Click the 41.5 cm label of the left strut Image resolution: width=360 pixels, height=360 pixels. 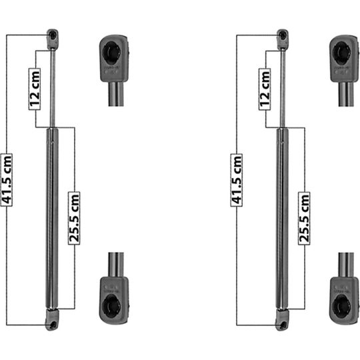pyautogui.click(x=7, y=180)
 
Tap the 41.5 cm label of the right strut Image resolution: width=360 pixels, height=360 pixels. pyautogui.click(x=237, y=180)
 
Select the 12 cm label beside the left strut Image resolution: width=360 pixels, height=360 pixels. pyautogui.click(x=35, y=89)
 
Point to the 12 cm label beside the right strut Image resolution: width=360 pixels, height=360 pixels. pyautogui.click(x=265, y=89)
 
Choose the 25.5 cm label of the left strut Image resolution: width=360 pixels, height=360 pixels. pyautogui.click(x=74, y=218)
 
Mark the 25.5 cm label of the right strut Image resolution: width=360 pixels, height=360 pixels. pyautogui.click(x=304, y=218)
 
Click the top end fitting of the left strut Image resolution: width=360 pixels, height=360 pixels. pyautogui.click(x=53, y=39)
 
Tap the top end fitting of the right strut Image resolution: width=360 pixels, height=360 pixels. pyautogui.click(x=283, y=39)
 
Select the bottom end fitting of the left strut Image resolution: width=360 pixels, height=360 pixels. pyautogui.click(x=52, y=319)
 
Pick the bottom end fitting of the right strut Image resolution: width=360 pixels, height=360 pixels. pyautogui.click(x=282, y=319)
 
